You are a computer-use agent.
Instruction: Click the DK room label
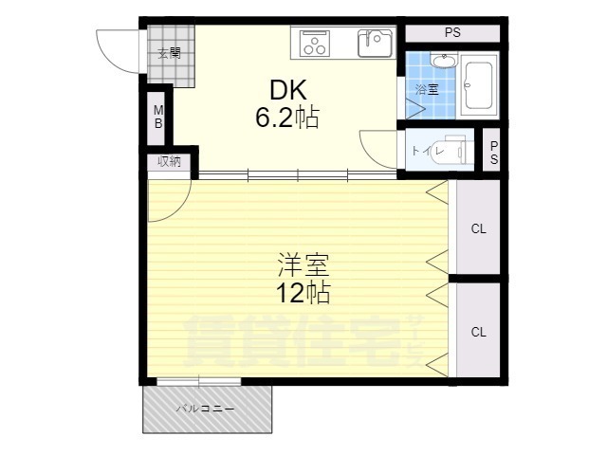(288, 90)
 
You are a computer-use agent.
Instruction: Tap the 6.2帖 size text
(287, 117)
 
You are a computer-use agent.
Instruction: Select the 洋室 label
(303, 265)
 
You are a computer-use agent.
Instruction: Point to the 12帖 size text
(303, 293)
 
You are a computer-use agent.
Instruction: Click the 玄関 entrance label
(169, 53)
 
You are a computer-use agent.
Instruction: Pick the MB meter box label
(158, 117)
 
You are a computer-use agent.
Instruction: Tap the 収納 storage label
(169, 161)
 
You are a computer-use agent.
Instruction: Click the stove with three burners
(314, 44)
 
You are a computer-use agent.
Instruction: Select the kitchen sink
(375, 43)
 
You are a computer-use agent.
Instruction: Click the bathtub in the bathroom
(478, 85)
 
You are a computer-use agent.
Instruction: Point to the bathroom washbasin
(444, 61)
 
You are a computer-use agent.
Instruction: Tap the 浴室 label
(427, 90)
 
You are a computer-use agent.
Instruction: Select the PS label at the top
(452, 32)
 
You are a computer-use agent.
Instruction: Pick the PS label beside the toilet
(494, 153)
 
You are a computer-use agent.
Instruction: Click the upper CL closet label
(478, 228)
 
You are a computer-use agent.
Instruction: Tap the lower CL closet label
(478, 332)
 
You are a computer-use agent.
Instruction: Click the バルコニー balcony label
(205, 409)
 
